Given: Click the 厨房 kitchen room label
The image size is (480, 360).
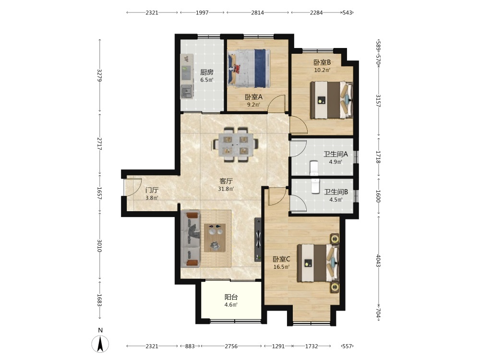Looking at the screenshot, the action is pos(206,72).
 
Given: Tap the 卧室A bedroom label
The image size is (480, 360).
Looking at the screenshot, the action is pos(253,97).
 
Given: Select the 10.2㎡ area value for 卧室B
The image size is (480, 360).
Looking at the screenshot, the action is pos(322,70).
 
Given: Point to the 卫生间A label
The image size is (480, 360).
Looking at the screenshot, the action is pos(336,154).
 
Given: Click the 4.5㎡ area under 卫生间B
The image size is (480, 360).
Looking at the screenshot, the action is pos(336,200).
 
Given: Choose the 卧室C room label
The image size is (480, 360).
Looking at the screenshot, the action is pos(281,259).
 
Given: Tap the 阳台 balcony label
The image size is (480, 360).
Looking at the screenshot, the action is pos(231,297).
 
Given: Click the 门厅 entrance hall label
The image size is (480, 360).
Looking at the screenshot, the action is pos(152,190).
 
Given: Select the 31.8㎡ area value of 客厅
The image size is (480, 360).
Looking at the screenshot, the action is pos(226,189).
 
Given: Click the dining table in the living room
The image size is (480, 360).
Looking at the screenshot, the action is pos(235,144).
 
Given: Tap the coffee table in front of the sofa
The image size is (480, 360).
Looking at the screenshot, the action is pos(215,238).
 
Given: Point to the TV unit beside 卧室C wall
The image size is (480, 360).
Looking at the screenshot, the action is pos(258,240).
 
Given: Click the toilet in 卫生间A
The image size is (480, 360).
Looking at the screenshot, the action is pos(314,168).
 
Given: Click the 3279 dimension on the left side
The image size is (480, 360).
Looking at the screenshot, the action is pos(99,75).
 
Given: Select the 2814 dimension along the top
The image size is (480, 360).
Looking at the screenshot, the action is pos(257,12).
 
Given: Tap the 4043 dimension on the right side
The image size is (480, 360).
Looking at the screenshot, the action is pos(378,261).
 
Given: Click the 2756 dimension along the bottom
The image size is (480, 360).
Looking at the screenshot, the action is pos(231,346).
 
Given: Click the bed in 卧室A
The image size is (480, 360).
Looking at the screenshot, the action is pos(249,68).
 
